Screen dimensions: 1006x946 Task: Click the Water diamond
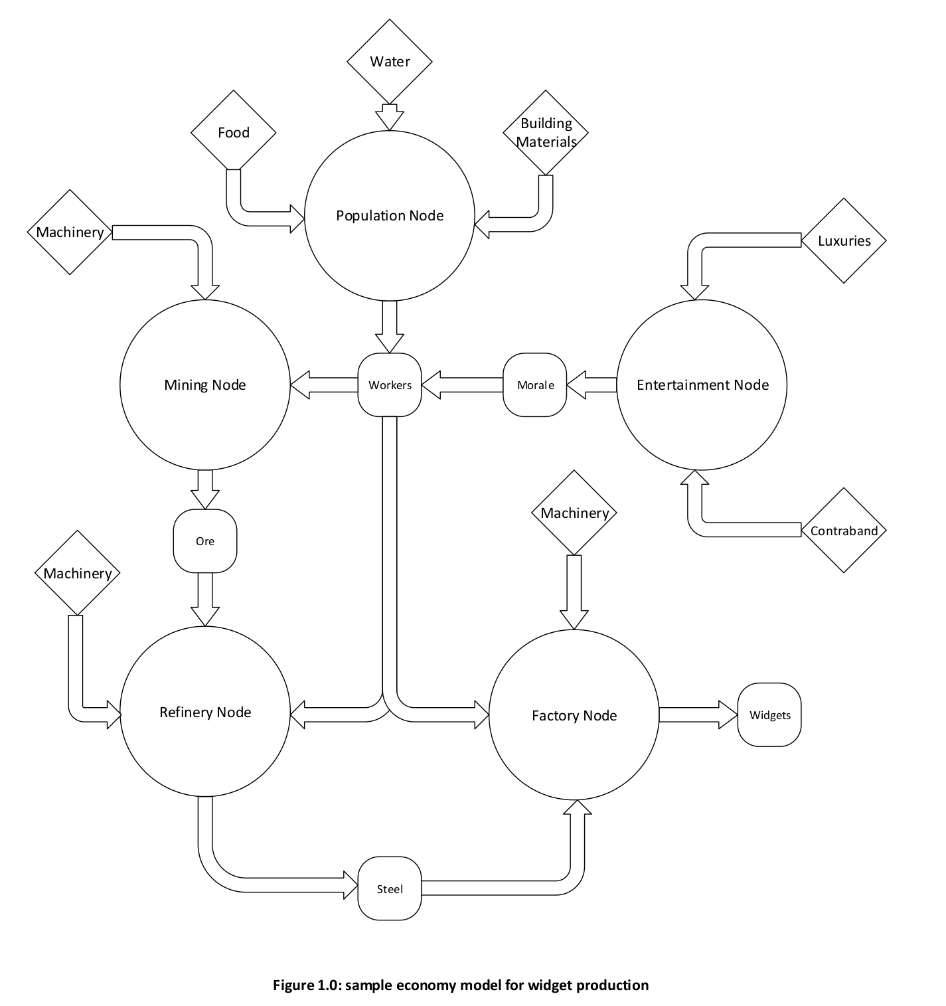point(390,62)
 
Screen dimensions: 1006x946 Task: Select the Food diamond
point(234,133)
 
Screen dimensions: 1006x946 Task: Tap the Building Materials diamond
point(546,133)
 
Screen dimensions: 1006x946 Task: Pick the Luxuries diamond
point(844,241)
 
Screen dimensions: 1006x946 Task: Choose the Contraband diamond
point(844,531)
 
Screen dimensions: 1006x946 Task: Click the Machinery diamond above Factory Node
point(574,513)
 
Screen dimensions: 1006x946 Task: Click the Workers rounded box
point(390,385)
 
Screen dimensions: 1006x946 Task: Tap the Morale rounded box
point(535,385)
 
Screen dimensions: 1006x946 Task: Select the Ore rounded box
point(205,541)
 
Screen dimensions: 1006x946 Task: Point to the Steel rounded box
point(390,889)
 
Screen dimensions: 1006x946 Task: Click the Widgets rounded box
point(769,715)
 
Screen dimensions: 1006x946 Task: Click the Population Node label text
point(390,216)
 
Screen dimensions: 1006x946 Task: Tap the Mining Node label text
point(205,385)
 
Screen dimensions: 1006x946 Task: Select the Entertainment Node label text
point(702,385)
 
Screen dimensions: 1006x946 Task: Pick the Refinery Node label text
point(205,713)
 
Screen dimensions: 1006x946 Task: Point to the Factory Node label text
point(574,716)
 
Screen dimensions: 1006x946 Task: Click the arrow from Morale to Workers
point(463,385)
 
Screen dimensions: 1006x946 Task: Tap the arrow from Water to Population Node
point(390,116)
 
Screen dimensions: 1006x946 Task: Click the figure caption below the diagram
point(461,985)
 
